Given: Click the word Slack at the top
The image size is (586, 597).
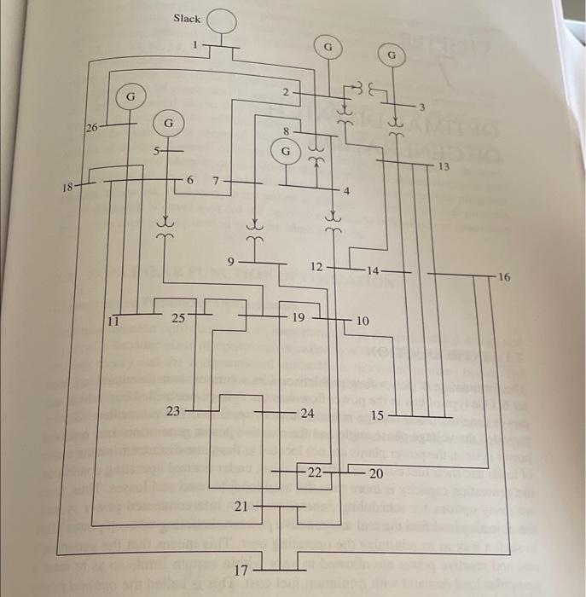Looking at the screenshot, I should pos(187,18).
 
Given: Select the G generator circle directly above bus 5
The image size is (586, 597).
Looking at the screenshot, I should pos(169,124).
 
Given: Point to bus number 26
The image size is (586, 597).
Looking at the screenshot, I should pos(92,128).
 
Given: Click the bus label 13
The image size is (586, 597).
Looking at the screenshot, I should pos(444,165).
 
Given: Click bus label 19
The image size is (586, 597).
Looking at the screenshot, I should pos(299,317).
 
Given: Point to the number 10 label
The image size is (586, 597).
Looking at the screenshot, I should pos(363,321).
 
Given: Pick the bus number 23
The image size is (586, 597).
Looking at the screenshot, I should pos(173,411).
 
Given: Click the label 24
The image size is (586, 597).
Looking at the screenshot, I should pos(307,413).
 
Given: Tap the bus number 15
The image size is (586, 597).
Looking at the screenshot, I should pos(379,414).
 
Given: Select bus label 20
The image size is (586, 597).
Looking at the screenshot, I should pos(376,472).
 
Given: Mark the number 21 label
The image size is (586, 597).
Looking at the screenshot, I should pos(241,507).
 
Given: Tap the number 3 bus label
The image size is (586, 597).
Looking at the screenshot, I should pos(421,105).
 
